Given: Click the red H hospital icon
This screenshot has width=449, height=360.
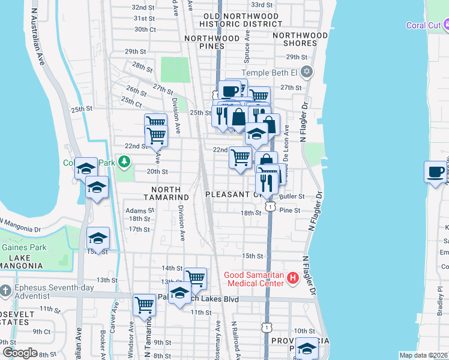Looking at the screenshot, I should pyautogui.click(x=293, y=278).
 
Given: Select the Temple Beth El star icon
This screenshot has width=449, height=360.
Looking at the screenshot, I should pyautogui.click(x=307, y=73).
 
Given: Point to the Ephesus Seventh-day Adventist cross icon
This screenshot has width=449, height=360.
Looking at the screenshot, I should pyautogui.click(x=5, y=290).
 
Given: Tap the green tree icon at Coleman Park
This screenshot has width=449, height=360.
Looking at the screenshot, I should pyautogui.click(x=124, y=161).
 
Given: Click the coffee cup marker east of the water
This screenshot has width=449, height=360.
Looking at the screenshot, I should pyautogui.click(x=435, y=172).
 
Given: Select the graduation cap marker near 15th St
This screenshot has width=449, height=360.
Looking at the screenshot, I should pyautogui.click(x=98, y=239).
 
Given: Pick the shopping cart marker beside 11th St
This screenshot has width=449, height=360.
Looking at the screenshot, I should pyautogui.click(x=144, y=305).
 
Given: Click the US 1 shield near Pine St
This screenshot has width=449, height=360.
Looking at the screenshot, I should pyautogui.click(x=271, y=206).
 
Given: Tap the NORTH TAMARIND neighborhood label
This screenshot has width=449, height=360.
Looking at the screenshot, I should pyautogui.click(x=166, y=197).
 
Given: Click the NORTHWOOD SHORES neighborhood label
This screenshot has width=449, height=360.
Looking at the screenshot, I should pyautogui.click(x=300, y=39).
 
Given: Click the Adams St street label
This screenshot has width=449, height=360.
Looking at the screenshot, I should pyautogui.click(x=140, y=211).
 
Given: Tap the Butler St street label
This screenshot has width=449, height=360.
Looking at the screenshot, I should pyautogui.click(x=292, y=196).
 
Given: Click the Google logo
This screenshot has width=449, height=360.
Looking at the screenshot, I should pyautogui.click(x=20, y=353).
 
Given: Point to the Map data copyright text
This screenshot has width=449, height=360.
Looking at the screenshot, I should pyautogui.click(x=423, y=355).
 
